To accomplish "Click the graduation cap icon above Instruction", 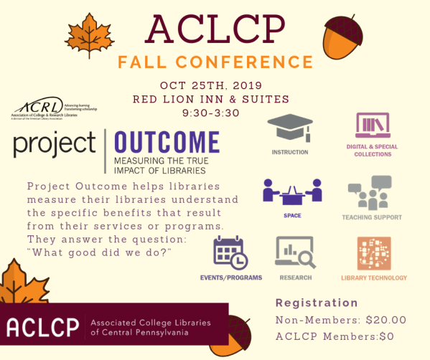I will (289, 129).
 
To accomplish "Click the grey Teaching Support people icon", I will (372, 191).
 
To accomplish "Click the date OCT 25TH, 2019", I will (216, 85).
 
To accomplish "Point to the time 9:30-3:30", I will (216, 112).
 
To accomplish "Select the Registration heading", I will (317, 303).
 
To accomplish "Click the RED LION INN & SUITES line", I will (216, 98).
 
